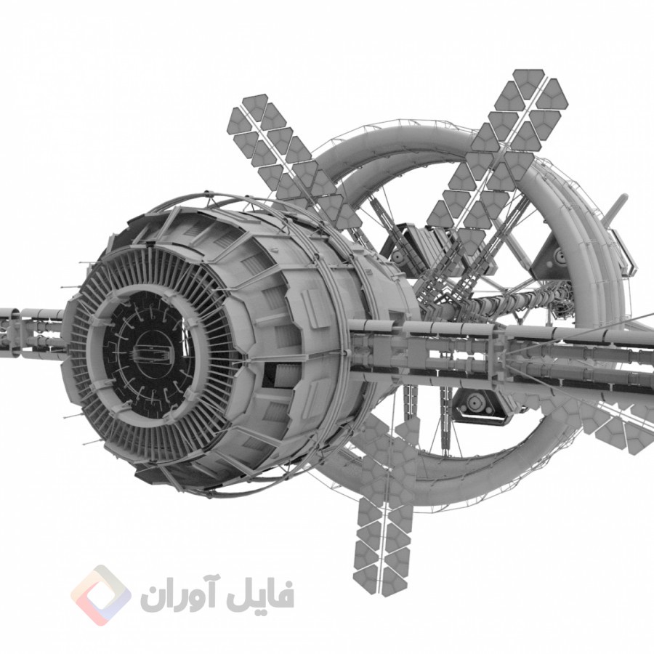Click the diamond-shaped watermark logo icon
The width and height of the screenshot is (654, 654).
click(x=101, y=595)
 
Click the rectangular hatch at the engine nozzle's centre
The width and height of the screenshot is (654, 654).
click(x=153, y=352)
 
